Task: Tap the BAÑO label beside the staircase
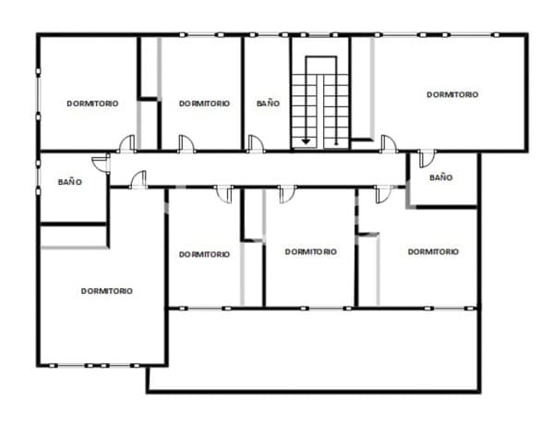click(x=268, y=103)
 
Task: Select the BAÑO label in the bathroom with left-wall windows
click(x=70, y=182)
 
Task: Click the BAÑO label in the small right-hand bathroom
click(x=441, y=177)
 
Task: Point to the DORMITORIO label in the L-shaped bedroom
click(x=107, y=291)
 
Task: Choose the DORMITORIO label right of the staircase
click(x=452, y=94)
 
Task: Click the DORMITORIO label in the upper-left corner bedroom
click(x=92, y=103)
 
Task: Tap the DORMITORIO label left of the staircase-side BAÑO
click(x=205, y=103)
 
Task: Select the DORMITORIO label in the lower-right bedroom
click(x=433, y=251)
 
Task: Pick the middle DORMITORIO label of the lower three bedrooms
click(x=311, y=251)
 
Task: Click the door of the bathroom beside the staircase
click(x=255, y=143)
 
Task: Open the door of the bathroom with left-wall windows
click(x=101, y=163)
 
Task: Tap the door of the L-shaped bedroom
click(x=138, y=179)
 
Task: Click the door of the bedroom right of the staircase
click(x=389, y=143)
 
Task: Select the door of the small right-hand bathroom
click(x=428, y=158)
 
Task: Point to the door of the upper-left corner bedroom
click(x=126, y=143)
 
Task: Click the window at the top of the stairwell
click(x=319, y=35)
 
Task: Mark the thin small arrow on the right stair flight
click(x=336, y=110)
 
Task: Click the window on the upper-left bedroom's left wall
click(x=38, y=94)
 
